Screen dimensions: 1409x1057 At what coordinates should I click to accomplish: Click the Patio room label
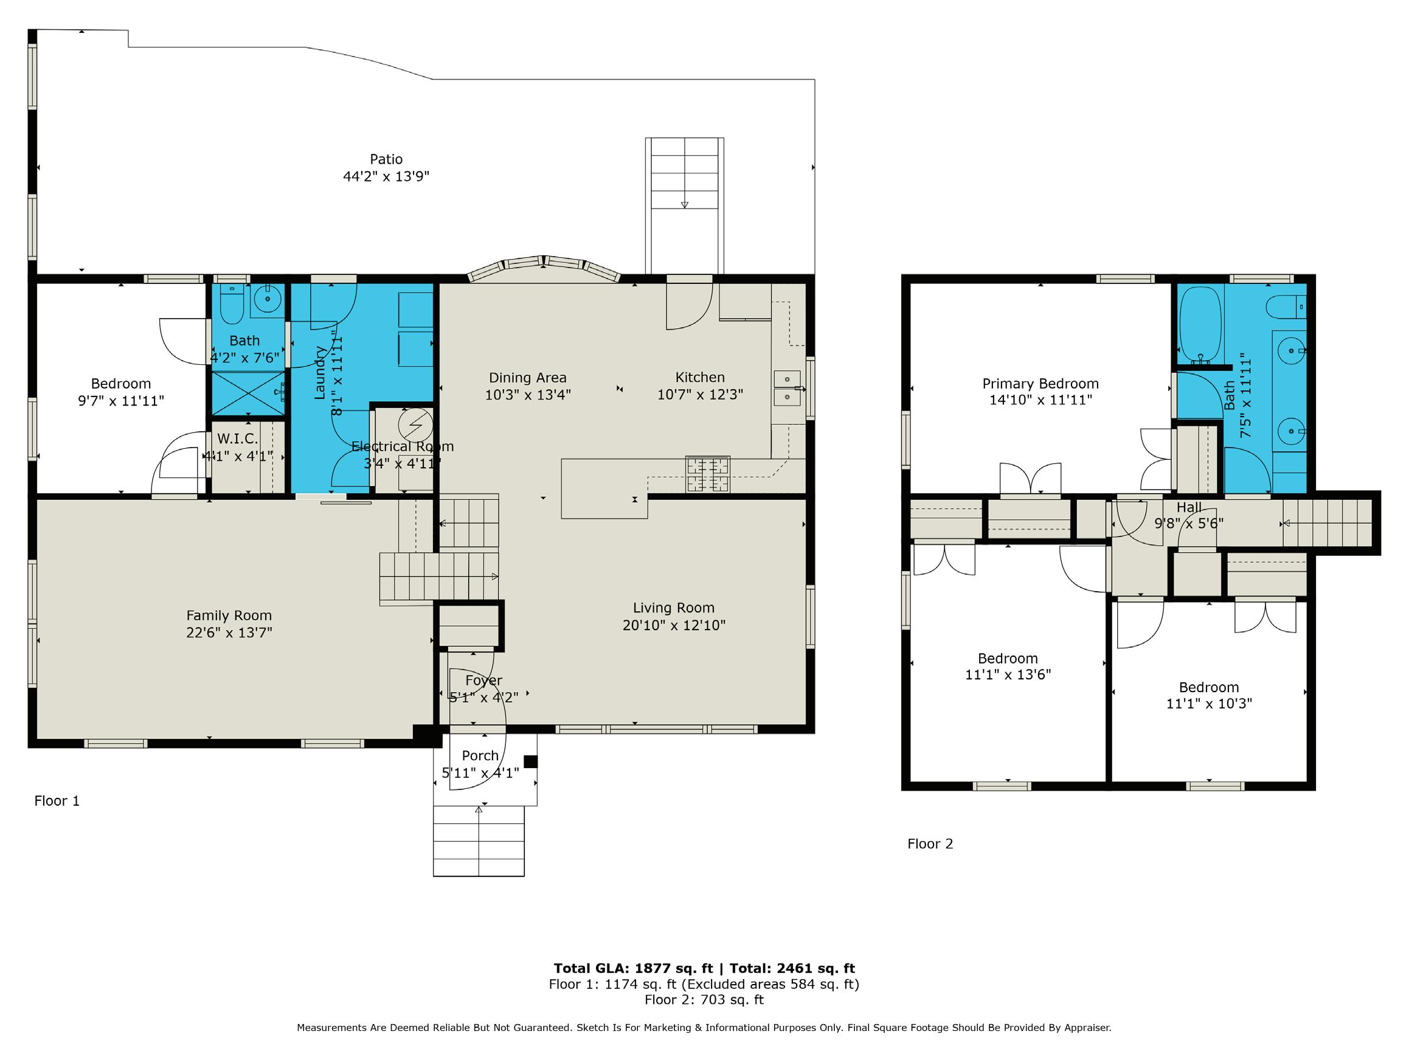coord(386,159)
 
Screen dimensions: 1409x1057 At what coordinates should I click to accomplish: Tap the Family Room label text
coord(229,616)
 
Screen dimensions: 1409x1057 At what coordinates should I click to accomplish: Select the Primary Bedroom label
coord(1040,384)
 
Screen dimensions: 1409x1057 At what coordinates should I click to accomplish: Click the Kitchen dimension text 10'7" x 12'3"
coord(700,394)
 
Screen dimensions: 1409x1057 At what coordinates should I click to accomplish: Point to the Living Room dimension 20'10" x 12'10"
coord(674,625)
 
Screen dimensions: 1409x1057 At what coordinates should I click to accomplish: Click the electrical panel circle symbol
coord(416,425)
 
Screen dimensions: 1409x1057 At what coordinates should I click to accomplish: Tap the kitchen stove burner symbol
coord(708,474)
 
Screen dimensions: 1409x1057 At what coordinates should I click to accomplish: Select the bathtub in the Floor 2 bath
coord(1200,324)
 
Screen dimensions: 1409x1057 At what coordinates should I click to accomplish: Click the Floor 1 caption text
coord(57,801)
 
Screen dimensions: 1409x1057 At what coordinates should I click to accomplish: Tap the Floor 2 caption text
coord(930,844)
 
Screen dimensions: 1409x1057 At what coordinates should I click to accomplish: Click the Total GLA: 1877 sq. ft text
coord(633,968)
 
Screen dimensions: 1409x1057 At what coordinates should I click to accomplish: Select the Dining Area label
coord(527,378)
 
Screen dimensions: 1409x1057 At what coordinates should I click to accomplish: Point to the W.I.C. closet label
coord(238,439)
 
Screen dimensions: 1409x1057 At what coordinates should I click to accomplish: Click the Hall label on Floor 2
coord(1189,508)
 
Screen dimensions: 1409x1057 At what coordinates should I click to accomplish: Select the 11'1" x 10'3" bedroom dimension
coord(1209,704)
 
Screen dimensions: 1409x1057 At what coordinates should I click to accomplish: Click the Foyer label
coord(483,681)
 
